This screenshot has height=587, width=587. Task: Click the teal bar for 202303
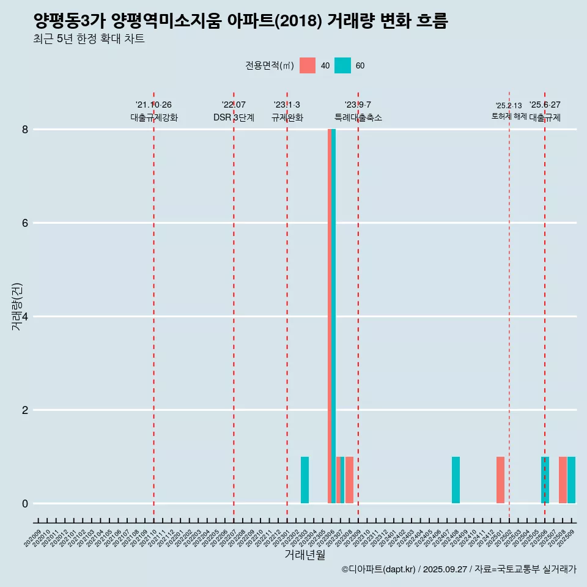(x=305, y=480)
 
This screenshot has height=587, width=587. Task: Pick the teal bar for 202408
(x=456, y=480)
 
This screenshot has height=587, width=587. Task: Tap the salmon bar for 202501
(x=500, y=480)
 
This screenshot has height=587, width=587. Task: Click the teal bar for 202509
(x=571, y=480)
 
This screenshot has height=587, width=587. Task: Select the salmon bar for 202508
(x=563, y=480)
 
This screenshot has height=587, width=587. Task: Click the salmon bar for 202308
(x=349, y=480)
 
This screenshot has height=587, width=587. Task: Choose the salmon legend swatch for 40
(x=308, y=65)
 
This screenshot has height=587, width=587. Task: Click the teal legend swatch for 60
(x=343, y=65)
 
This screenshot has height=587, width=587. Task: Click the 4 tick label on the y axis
(x=26, y=317)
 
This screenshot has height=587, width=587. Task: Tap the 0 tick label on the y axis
(x=26, y=504)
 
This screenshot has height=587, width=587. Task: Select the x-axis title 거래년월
(x=305, y=555)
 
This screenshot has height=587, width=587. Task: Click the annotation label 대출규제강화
(x=154, y=118)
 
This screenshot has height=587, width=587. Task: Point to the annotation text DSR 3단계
(x=234, y=118)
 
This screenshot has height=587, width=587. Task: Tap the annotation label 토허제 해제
(x=509, y=116)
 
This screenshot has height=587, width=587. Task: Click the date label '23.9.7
(x=358, y=105)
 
